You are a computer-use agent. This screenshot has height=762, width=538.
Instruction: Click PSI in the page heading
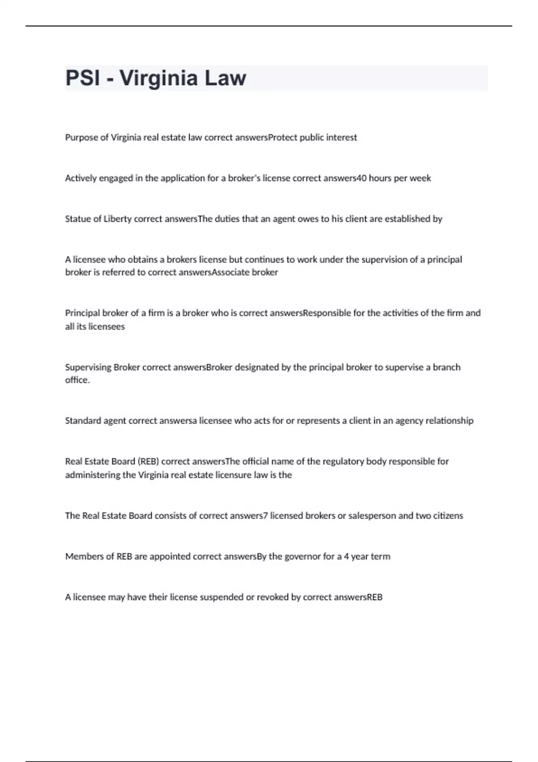coord(83,78)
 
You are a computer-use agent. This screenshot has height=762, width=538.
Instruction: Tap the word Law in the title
coord(226,78)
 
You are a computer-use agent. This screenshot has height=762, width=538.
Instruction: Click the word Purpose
coord(81,138)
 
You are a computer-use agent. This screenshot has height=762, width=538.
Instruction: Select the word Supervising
coord(88,368)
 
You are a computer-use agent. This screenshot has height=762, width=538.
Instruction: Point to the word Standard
coord(83,421)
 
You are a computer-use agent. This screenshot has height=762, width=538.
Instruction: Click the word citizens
coord(448,516)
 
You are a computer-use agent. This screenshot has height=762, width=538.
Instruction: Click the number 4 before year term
coord(347,557)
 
